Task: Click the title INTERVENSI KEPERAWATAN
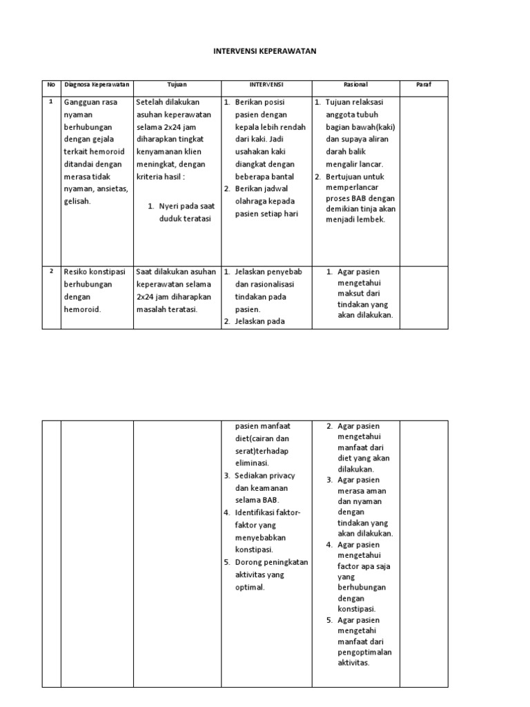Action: coord(265,50)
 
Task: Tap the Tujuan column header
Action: coord(177,84)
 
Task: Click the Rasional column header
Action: coord(356,84)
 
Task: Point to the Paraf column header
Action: coord(424,84)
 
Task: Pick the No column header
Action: coord(50,84)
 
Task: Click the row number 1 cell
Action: coord(50,101)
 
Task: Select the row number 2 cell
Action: coord(50,271)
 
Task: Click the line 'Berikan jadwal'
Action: coord(264,188)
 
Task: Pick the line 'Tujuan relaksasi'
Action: coord(354,102)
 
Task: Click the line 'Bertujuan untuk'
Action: coord(355,176)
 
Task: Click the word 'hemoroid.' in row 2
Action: coord(82,309)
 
